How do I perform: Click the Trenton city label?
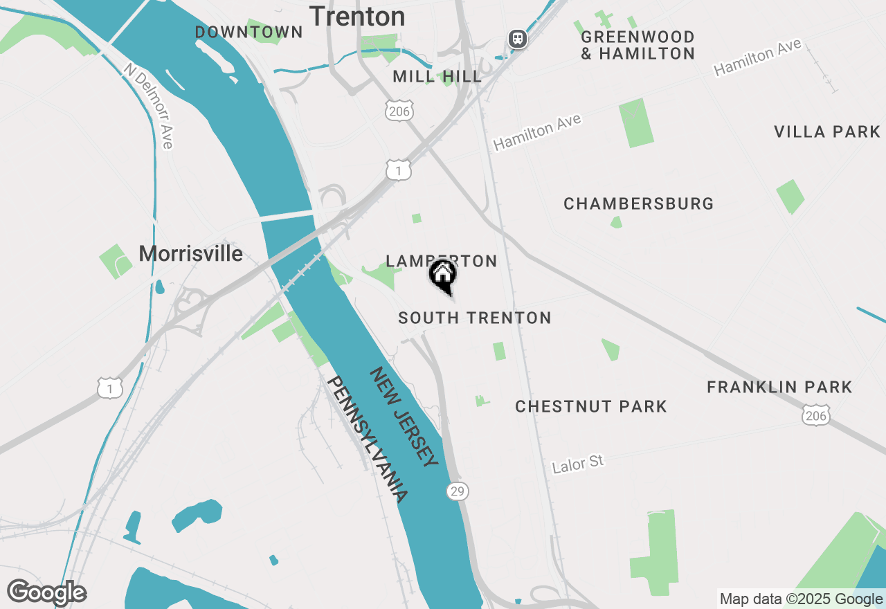357,17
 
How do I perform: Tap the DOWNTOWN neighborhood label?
248,33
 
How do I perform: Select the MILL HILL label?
437,77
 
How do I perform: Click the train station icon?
517,39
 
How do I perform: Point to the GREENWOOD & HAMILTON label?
638,45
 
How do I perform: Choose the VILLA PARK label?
827,132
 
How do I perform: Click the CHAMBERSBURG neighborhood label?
638,204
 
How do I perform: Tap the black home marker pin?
443,276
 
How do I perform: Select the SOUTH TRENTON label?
475,318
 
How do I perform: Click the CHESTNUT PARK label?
591,407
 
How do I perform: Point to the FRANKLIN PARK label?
779,388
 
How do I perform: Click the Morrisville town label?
191,254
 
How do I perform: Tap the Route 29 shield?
457,491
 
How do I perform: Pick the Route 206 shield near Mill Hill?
399,111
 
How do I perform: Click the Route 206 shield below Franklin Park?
816,415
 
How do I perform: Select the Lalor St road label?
578,464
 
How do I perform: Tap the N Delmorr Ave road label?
149,106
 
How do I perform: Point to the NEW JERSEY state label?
404,417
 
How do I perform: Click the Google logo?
46,592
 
